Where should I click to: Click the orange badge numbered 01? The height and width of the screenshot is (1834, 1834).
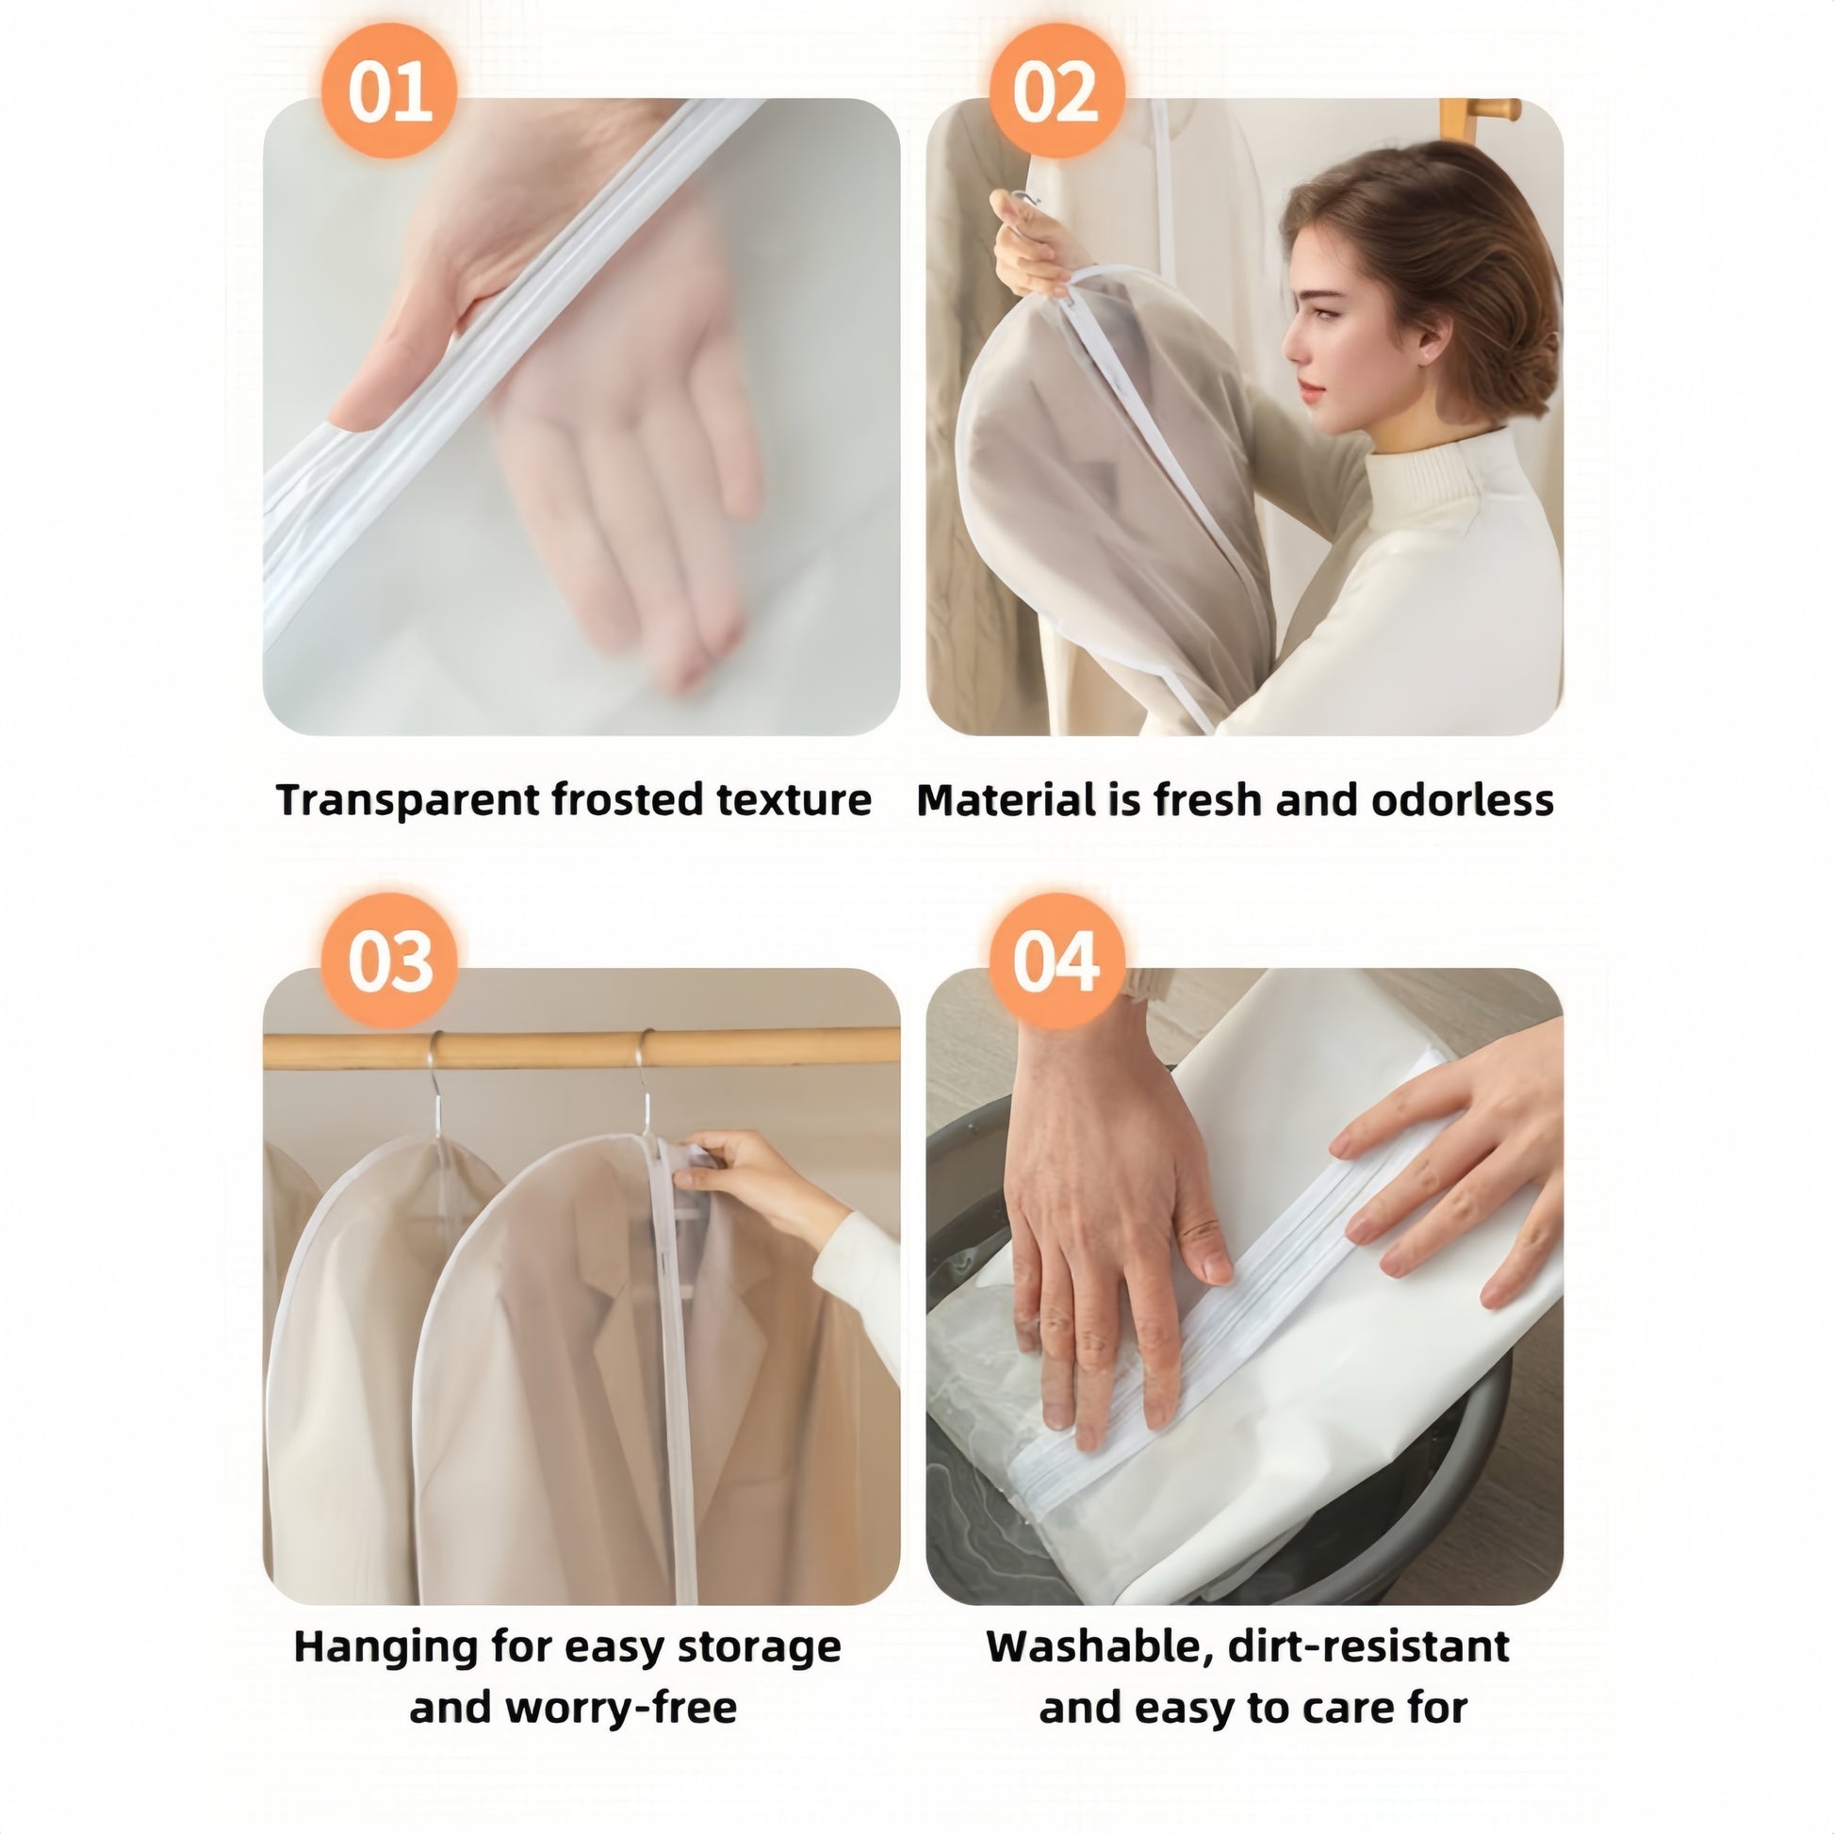click(x=389, y=92)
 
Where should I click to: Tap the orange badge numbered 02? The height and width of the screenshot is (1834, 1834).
click(x=1056, y=92)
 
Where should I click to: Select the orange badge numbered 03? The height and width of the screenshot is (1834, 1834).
click(x=389, y=961)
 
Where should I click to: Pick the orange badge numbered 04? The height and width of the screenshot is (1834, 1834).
click(x=1056, y=961)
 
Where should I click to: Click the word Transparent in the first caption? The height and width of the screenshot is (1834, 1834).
click(x=408, y=800)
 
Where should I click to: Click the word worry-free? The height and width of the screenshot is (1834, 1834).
click(x=622, y=1708)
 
